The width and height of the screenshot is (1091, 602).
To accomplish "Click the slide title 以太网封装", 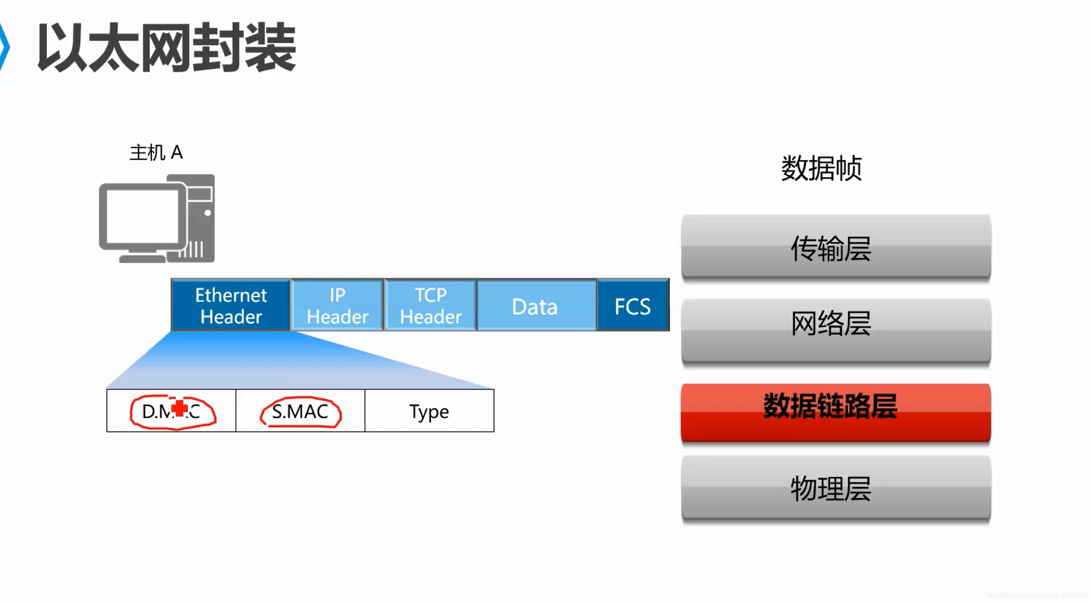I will (x=167, y=48).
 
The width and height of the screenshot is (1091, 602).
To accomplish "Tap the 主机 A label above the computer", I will (x=156, y=152).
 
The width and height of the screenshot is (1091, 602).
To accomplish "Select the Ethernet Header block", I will (x=231, y=305).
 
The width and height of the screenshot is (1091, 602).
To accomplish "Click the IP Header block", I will (x=338, y=305).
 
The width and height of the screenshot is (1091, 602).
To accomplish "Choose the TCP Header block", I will (x=431, y=305).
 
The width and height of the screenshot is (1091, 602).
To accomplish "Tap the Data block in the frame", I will (x=535, y=306).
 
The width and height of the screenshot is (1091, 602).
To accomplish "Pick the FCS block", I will (x=633, y=306).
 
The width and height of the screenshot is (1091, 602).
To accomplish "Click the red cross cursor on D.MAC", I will (x=181, y=408).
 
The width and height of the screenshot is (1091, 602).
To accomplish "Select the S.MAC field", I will (x=300, y=411).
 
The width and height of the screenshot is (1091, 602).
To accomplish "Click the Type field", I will (x=429, y=411).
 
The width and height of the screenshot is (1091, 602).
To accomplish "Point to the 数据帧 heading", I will (x=821, y=168).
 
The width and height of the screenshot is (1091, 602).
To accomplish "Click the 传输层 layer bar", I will (x=835, y=247).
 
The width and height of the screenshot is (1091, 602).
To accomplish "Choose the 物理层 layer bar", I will (x=835, y=488).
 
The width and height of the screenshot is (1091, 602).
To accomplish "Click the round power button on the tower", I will (x=207, y=213).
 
